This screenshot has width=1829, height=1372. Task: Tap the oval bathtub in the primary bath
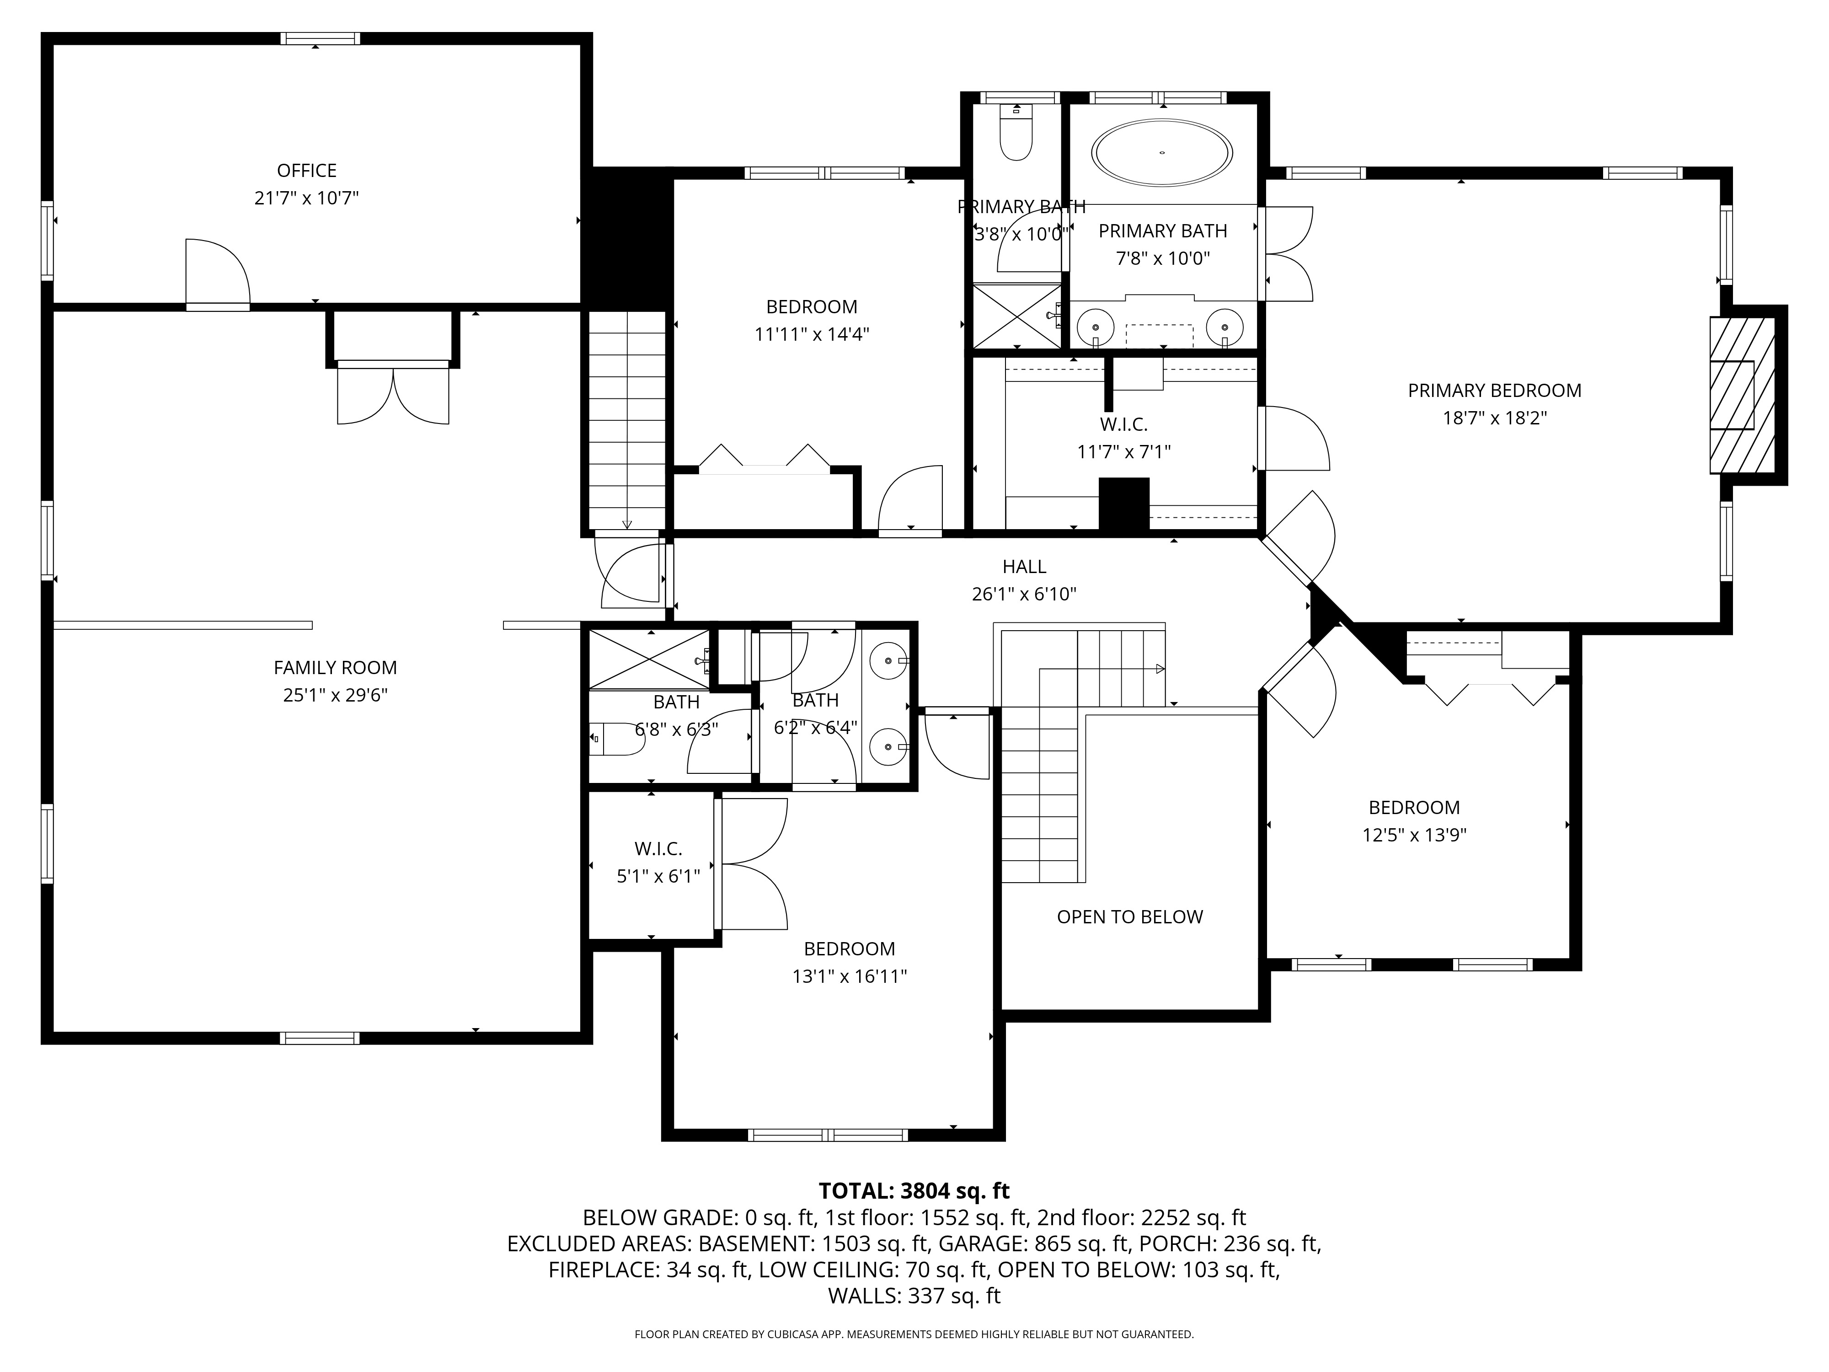pos(1162,153)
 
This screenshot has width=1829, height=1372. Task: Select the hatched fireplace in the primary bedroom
pos(1742,395)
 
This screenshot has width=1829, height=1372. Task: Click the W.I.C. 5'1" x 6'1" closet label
pos(658,848)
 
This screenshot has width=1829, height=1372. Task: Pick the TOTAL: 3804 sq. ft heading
pos(914,1191)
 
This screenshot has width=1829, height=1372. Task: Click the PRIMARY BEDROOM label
pos(1494,391)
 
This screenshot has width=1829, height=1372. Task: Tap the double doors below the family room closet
pos(393,395)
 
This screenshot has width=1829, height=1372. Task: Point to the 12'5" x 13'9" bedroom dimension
pos(1414,835)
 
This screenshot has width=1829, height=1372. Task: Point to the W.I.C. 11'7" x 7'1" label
pos(1124,424)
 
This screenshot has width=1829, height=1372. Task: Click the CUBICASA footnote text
pos(914,1334)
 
